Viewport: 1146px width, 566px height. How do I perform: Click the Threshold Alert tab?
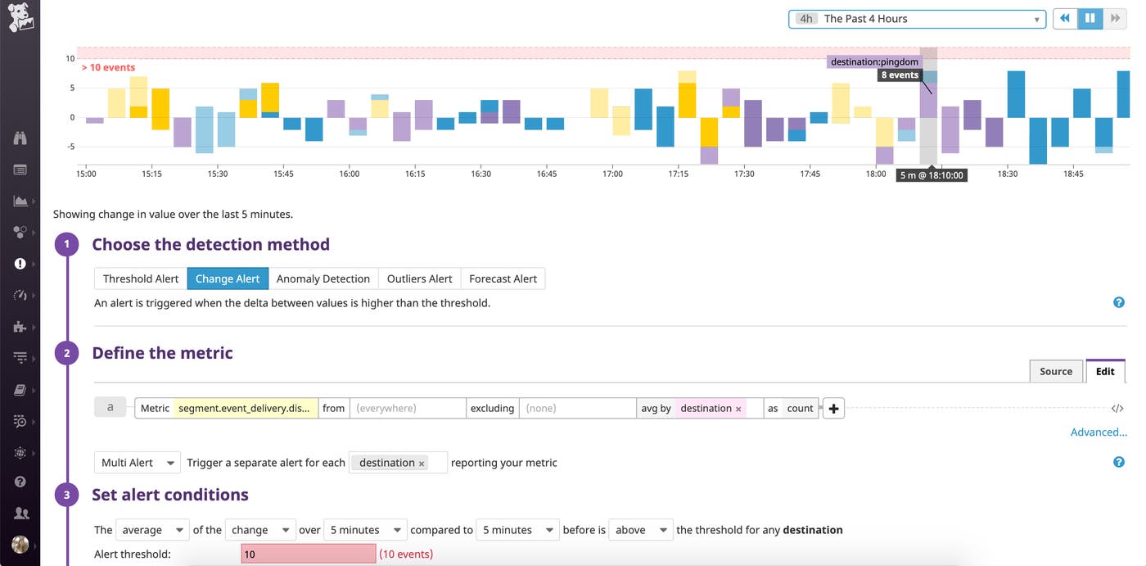tap(140, 278)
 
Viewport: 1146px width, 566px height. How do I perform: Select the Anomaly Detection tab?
tap(323, 278)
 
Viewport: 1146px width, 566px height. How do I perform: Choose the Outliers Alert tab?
tap(419, 278)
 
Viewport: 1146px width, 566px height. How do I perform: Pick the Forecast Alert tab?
tap(503, 278)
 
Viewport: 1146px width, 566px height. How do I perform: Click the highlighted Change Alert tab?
tap(228, 278)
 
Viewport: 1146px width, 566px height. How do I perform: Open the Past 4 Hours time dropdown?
tap(917, 19)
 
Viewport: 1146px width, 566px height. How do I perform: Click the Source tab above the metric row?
tap(1055, 371)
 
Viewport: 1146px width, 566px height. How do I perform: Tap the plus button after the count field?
tap(833, 409)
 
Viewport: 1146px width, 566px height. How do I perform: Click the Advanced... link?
tap(1099, 432)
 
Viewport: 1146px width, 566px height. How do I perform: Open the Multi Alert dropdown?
tap(137, 463)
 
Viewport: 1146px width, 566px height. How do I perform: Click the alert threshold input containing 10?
tap(308, 555)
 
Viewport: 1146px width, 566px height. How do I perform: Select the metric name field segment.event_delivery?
tap(245, 408)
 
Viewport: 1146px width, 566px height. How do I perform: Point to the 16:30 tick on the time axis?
tap(481, 174)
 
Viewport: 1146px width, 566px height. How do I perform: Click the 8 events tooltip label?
tap(899, 75)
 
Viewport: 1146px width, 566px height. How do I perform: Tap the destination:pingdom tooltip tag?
tap(874, 62)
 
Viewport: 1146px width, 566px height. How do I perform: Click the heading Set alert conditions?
tap(170, 495)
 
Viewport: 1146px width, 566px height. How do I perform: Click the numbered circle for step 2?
tap(66, 353)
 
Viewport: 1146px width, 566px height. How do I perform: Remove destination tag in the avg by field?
tap(738, 409)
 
